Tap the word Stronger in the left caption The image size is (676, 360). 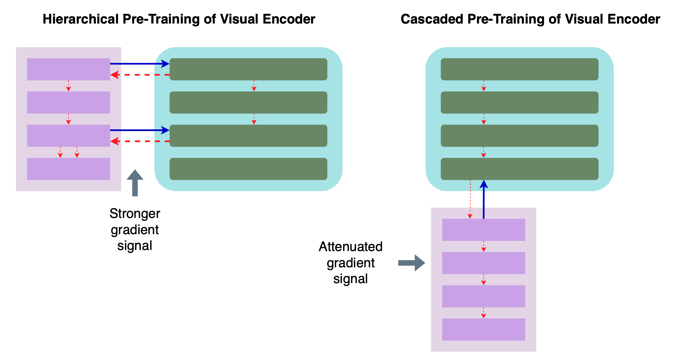[x=135, y=213]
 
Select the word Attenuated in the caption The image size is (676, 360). [x=351, y=247]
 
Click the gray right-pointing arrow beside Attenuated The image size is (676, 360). [x=411, y=263]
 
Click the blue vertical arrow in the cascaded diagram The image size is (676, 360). [x=484, y=200]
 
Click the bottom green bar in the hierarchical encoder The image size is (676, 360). [x=248, y=169]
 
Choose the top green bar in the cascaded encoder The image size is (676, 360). [x=519, y=69]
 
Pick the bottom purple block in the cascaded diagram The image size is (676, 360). [x=483, y=329]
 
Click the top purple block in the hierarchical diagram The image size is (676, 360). [x=68, y=69]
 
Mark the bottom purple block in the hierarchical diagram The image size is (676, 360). [x=68, y=169]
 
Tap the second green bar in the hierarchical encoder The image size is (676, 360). [x=248, y=103]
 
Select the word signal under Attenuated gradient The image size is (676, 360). [x=351, y=279]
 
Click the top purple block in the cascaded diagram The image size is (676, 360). [x=483, y=230]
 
